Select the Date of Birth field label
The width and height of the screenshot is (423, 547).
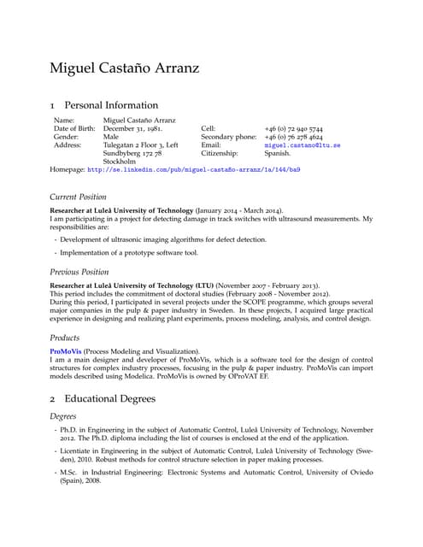(74, 129)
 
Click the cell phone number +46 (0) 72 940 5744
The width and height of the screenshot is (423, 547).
(293, 129)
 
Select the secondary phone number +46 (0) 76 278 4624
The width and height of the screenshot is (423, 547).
(293, 137)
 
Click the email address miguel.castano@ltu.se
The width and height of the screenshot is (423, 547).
(303, 145)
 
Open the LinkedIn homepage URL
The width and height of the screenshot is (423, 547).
(193, 170)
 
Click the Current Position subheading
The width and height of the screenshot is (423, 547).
(79, 197)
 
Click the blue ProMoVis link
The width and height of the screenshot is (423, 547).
(65, 351)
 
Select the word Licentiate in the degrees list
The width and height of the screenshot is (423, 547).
(78, 462)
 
